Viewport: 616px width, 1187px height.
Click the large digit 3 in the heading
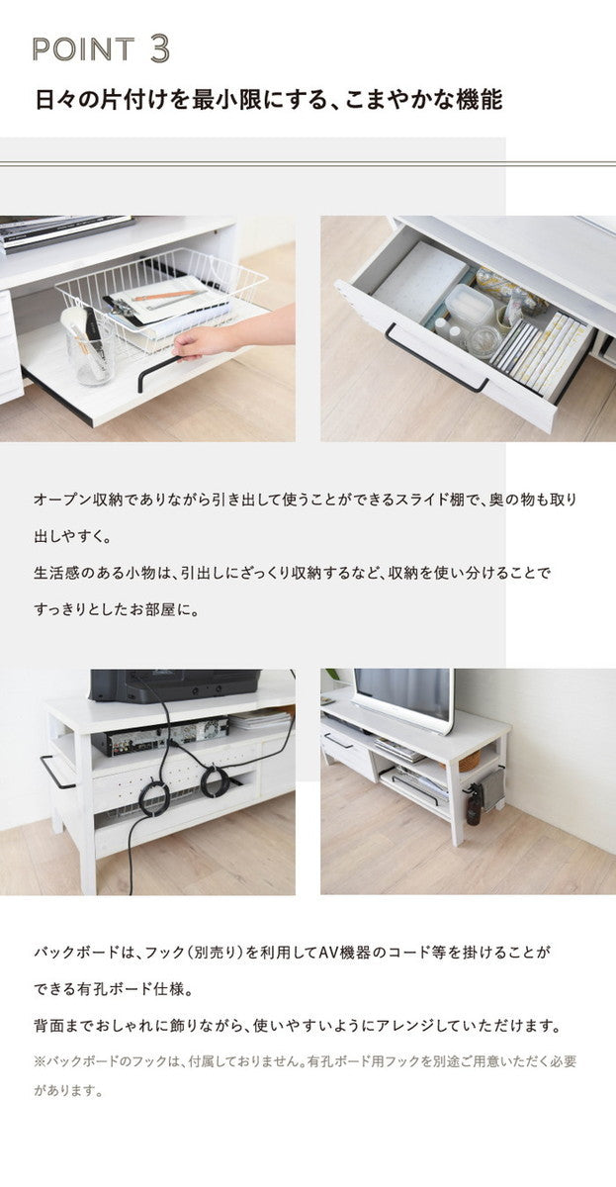point(160,47)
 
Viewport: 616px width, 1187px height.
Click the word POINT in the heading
point(83,49)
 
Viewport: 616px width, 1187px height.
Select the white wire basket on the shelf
point(163,297)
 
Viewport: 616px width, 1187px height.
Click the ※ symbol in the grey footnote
point(41,1061)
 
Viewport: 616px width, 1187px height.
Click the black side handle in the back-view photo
point(55,773)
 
